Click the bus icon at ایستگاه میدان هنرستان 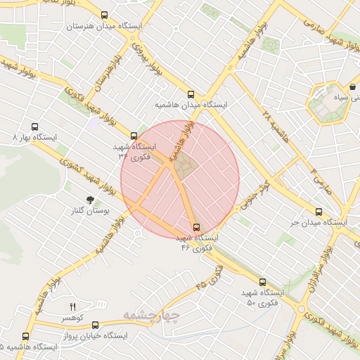point(105,15)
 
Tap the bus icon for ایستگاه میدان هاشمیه point(191,94)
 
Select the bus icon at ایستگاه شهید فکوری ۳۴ point(134,136)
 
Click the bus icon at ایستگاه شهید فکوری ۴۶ point(195,227)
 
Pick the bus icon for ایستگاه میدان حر point(319,212)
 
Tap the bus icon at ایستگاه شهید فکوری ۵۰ point(262,281)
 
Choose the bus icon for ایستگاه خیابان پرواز point(95,325)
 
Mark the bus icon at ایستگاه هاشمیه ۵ point(26,336)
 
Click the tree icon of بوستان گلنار point(89,200)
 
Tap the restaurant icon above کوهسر point(72,307)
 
